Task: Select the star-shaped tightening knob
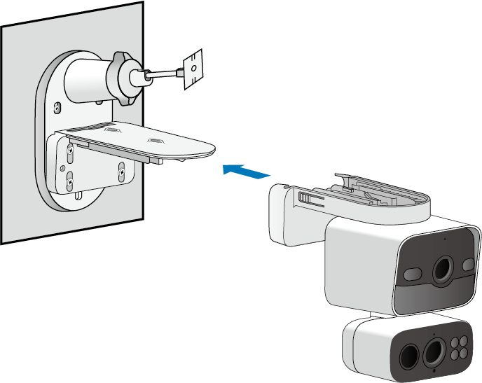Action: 125,78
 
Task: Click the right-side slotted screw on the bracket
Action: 121,169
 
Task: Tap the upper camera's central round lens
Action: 443,270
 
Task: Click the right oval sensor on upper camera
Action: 468,264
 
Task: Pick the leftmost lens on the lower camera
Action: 407,356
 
